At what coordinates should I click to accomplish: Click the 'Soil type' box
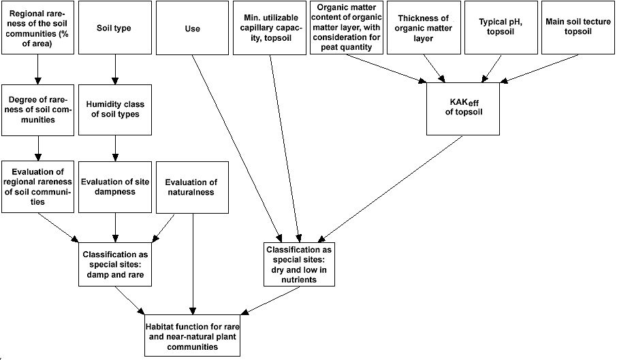[114, 28]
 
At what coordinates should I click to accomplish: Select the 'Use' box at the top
[192, 28]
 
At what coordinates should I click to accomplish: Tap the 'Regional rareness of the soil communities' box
[37, 28]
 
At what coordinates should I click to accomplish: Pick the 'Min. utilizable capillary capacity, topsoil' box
[270, 28]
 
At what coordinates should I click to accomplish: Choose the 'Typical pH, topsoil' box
[501, 28]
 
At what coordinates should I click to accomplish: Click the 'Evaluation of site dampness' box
[114, 186]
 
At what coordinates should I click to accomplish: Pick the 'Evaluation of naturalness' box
[192, 186]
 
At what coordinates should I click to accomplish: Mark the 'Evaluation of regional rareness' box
[37, 186]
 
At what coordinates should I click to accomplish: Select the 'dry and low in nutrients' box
[300, 264]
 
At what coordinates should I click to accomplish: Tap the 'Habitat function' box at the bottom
[192, 336]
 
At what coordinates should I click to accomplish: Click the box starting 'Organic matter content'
[347, 28]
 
